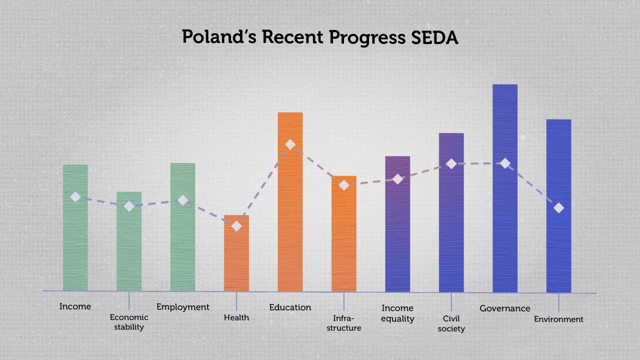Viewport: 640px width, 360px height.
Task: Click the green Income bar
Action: pyautogui.click(x=75, y=240)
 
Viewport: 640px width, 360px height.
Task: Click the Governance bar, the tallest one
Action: pyautogui.click(x=505, y=225)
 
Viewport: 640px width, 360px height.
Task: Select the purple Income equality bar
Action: pyautogui.click(x=397, y=235)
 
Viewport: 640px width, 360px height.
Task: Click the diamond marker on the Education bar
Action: pyautogui.click(x=290, y=144)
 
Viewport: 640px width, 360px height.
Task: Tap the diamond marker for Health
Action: pyautogui.click(x=236, y=226)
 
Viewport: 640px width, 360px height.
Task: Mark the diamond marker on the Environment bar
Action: pyautogui.click(x=558, y=207)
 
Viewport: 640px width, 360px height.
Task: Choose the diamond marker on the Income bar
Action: pyautogui.click(x=75, y=197)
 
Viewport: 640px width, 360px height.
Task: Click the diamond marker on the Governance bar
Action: pyautogui.click(x=505, y=163)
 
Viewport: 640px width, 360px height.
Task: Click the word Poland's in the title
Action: pyautogui.click(x=218, y=37)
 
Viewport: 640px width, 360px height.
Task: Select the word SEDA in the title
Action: pyautogui.click(x=434, y=38)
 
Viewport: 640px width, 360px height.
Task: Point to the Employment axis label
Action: pyautogui.click(x=183, y=307)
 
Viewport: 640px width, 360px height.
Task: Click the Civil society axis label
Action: pyautogui.click(x=451, y=323)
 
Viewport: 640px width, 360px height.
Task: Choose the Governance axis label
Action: pyautogui.click(x=505, y=308)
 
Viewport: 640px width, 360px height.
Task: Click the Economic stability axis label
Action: pyautogui.click(x=129, y=322)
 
